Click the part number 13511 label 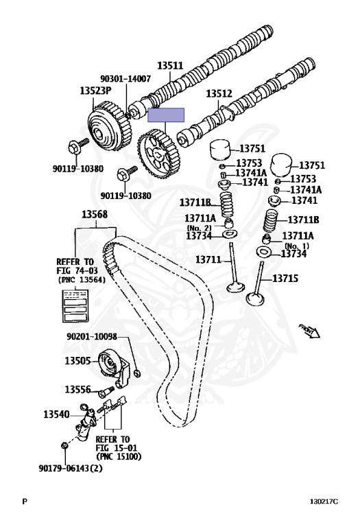pos(170,67)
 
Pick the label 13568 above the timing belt pos(95,215)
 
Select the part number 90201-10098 pos(92,337)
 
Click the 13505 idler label pos(77,360)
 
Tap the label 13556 pos(77,389)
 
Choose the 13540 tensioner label pos(57,414)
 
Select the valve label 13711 pos(208,259)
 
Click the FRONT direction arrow pos(309,331)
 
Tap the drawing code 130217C pos(324,502)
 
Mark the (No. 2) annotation pos(200,227)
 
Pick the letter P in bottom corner pos(24,502)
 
